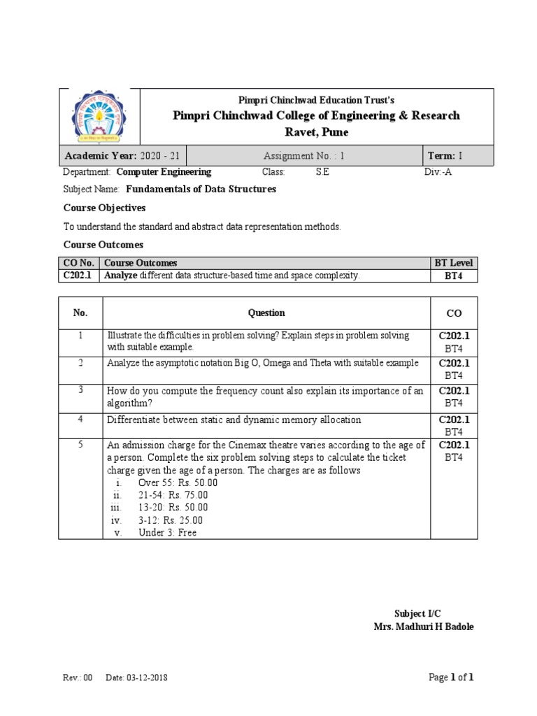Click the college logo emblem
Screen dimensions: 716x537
click(99, 117)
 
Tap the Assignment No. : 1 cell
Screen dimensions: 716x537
click(304, 156)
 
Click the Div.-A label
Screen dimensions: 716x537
click(438, 172)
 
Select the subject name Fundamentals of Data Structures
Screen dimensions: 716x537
click(201, 189)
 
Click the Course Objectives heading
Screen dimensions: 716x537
click(104, 208)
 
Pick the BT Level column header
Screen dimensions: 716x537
click(454, 263)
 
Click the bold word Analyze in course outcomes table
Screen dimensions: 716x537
click(121, 276)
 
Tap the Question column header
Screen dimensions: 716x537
click(266, 313)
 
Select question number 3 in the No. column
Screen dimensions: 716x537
click(80, 389)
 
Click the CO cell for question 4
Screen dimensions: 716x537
click(454, 425)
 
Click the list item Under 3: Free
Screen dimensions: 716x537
click(167, 533)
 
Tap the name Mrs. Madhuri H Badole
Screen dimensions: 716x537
click(423, 626)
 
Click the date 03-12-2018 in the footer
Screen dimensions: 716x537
click(147, 678)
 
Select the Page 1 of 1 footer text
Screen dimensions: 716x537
click(450, 677)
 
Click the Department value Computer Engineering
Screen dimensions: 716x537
click(164, 172)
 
